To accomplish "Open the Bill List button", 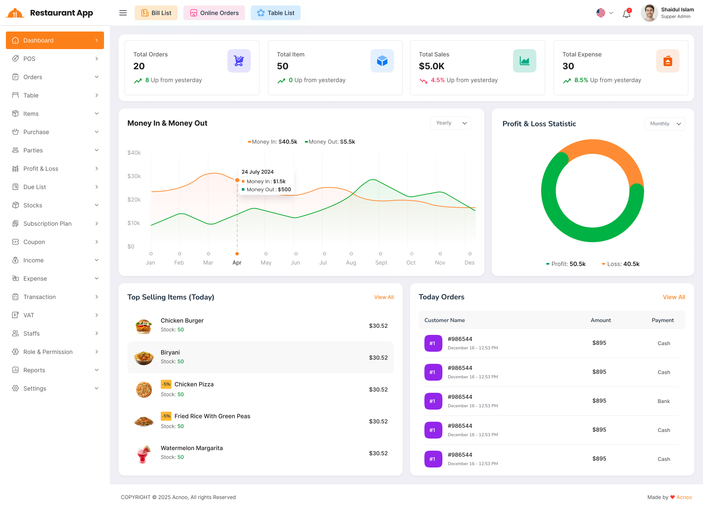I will coord(156,13).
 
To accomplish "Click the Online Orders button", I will coord(214,13).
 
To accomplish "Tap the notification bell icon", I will coord(626,14).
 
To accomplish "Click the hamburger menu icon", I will coord(123,13).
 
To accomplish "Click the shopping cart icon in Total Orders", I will coord(239,61).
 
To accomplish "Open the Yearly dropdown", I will coord(450,123).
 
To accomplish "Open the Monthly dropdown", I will coord(664,124).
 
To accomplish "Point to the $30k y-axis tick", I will coord(134,176).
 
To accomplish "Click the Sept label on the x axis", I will coord(381,263).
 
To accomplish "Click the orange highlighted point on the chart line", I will coord(237,180).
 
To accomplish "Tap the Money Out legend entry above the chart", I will coord(330,142).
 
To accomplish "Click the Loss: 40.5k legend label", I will coord(621,264).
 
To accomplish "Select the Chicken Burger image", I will coord(144,326).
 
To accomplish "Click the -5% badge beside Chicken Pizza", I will coord(166,384).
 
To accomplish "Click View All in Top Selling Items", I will coord(384,297).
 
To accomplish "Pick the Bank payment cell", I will coord(663,401).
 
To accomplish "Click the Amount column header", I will coord(600,320).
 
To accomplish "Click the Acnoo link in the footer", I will coord(684,497).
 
